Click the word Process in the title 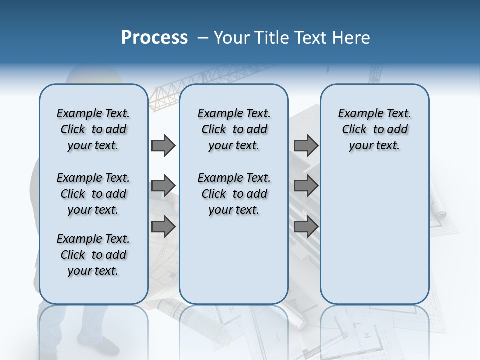pos(154,38)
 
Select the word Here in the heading pos(352,38)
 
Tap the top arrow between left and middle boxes pos(163,145)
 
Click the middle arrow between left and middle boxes pos(163,186)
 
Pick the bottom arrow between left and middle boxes pos(163,227)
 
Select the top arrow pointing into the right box pos(306,145)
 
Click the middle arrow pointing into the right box pos(306,186)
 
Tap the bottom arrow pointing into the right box pos(306,227)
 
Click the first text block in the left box pos(93,129)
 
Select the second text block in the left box pos(93,194)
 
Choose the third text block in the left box pos(93,255)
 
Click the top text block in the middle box pos(234,129)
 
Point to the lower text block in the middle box pos(234,194)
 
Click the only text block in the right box pos(374,129)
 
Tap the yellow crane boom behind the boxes pos(165,95)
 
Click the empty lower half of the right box pos(374,240)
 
